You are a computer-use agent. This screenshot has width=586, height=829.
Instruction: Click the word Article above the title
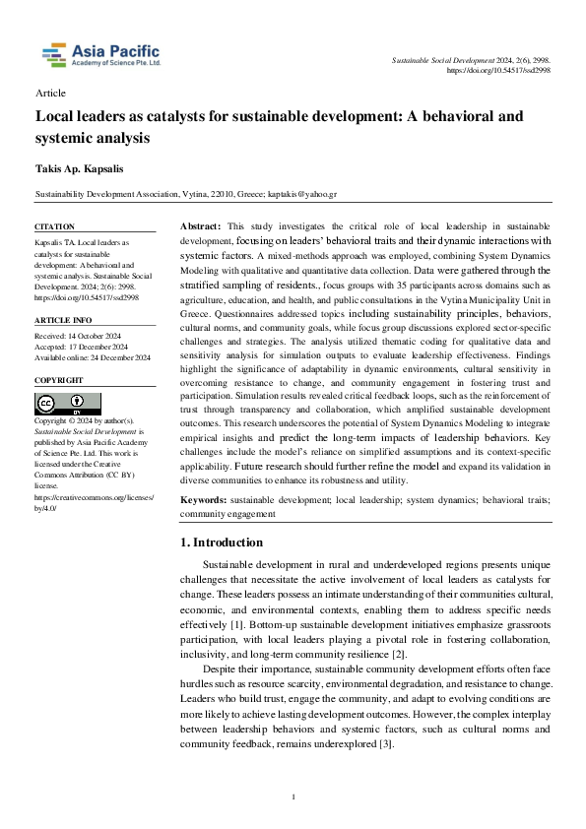pyautogui.click(x=50, y=94)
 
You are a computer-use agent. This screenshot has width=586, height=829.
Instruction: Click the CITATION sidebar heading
pyautogui.click(x=55, y=227)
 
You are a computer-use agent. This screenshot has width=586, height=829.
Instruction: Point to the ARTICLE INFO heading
pyautogui.click(x=63, y=320)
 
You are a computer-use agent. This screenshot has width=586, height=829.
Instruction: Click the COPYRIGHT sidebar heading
pyautogui.click(x=60, y=380)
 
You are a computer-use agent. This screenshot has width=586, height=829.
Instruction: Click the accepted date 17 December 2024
pyautogui.click(x=99, y=346)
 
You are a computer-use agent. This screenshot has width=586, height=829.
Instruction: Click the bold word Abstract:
pyautogui.click(x=201, y=226)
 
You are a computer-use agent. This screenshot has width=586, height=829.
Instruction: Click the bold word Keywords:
pyautogui.click(x=208, y=500)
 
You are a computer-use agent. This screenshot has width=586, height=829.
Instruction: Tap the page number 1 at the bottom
pyautogui.click(x=293, y=797)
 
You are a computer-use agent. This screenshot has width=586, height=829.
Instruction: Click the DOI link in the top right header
pyautogui.click(x=498, y=71)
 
